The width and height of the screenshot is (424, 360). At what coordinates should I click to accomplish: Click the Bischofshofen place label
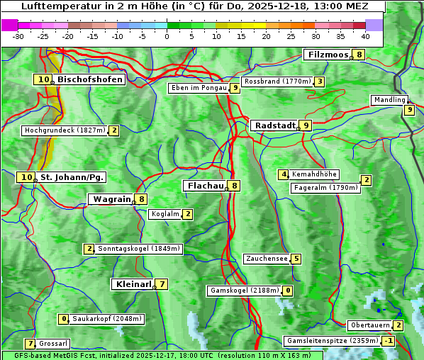[90, 80]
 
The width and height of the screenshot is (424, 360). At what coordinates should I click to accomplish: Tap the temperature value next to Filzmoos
[359, 55]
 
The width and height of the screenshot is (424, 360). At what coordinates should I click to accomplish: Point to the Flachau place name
[205, 186]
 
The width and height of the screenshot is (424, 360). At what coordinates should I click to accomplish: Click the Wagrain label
[112, 199]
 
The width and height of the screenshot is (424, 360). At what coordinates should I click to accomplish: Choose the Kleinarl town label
[133, 284]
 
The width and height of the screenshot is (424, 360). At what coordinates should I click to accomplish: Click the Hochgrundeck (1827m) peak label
[65, 130]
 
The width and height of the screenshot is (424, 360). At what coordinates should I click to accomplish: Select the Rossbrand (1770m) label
[277, 81]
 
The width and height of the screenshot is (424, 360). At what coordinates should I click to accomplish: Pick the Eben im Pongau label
[199, 88]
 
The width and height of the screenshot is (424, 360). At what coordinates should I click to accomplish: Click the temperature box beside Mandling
[409, 110]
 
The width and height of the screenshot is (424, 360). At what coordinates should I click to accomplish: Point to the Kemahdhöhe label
[315, 174]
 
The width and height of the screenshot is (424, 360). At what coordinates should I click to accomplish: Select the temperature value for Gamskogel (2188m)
[289, 291]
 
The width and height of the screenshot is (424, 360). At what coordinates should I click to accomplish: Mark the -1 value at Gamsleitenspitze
[388, 341]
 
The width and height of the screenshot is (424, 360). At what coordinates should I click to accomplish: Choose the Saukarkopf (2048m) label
[107, 319]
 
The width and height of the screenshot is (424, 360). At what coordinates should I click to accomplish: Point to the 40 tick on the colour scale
[365, 36]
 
